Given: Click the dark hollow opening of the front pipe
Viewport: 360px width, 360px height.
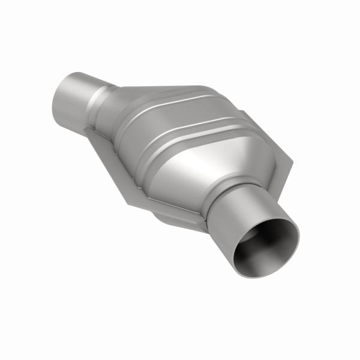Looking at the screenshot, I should (266, 247).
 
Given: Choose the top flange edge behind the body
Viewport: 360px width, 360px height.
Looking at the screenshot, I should (180, 90).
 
